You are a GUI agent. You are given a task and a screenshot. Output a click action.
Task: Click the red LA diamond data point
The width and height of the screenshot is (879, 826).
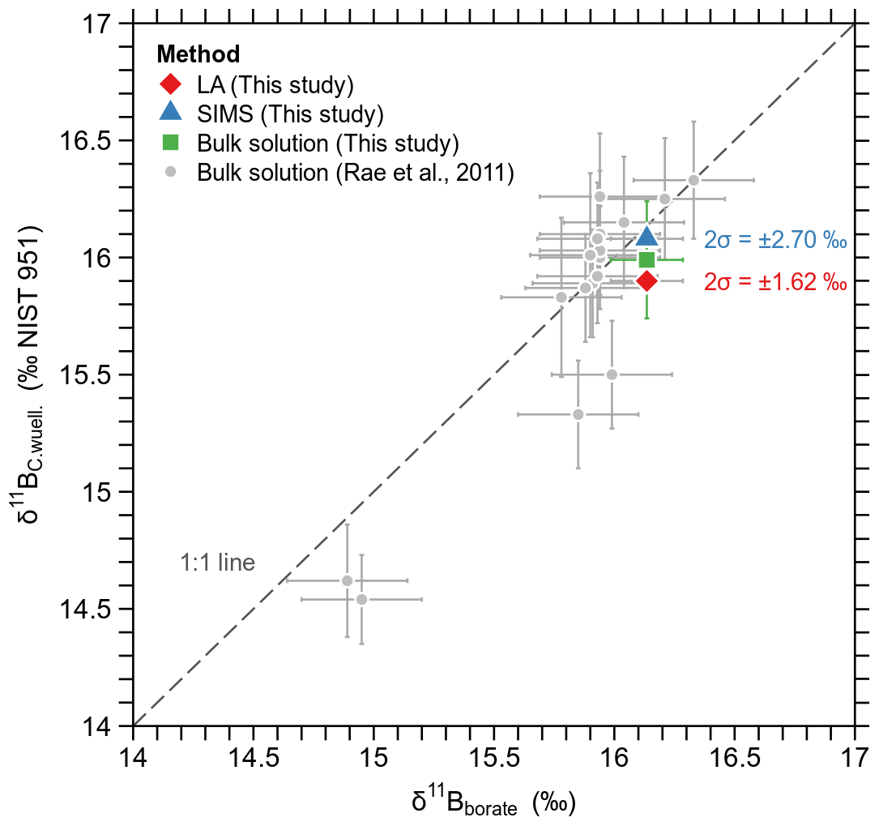(646, 280)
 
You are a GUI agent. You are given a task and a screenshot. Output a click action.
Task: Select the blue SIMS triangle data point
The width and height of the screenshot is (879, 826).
(646, 236)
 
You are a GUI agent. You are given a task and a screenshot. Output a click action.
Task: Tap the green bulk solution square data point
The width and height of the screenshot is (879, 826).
(646, 259)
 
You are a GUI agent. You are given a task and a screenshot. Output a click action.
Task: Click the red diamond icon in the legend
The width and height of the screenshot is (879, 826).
(170, 83)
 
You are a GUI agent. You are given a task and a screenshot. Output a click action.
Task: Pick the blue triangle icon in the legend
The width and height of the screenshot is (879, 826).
(170, 112)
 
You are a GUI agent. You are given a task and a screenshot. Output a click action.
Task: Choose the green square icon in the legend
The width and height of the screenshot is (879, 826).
(170, 143)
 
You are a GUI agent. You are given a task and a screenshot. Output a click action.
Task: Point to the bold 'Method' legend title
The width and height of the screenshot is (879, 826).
(198, 54)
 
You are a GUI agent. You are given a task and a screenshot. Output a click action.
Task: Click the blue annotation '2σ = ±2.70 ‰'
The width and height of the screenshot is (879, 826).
(775, 241)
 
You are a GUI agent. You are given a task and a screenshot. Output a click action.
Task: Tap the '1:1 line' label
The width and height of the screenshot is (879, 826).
(216, 563)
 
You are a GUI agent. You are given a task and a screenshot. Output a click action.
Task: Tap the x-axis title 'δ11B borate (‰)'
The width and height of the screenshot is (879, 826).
(493, 802)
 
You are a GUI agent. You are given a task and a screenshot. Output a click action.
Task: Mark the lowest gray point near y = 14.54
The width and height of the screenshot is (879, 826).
(361, 599)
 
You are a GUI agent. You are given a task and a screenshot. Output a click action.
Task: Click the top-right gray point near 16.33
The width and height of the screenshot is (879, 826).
(693, 180)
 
